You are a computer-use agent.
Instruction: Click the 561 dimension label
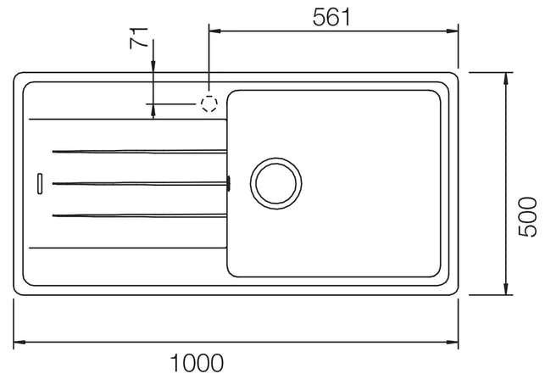pos(331,17)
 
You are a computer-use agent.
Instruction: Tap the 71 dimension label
pos(139,38)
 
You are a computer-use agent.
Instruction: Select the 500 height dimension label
pos(527,217)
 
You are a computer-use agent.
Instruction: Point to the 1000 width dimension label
pos(197,363)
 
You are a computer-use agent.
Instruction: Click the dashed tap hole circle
pos(209,103)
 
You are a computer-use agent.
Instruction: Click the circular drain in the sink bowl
pos(276,183)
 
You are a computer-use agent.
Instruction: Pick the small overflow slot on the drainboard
pos(40,183)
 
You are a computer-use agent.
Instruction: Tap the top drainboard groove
pos(139,151)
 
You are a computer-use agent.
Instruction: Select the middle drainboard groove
pos(139,183)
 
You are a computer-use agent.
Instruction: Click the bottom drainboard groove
pos(139,215)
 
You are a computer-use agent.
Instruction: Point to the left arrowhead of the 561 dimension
pos(214,31)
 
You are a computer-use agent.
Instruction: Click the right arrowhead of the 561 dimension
pos(453,31)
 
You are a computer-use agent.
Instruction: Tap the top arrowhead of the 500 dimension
pos(506,78)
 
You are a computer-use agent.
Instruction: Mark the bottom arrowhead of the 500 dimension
pos(506,289)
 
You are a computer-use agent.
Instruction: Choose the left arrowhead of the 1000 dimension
pos(19,343)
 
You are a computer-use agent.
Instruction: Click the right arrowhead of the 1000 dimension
pos(453,343)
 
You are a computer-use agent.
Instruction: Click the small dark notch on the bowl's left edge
pos(228,183)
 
